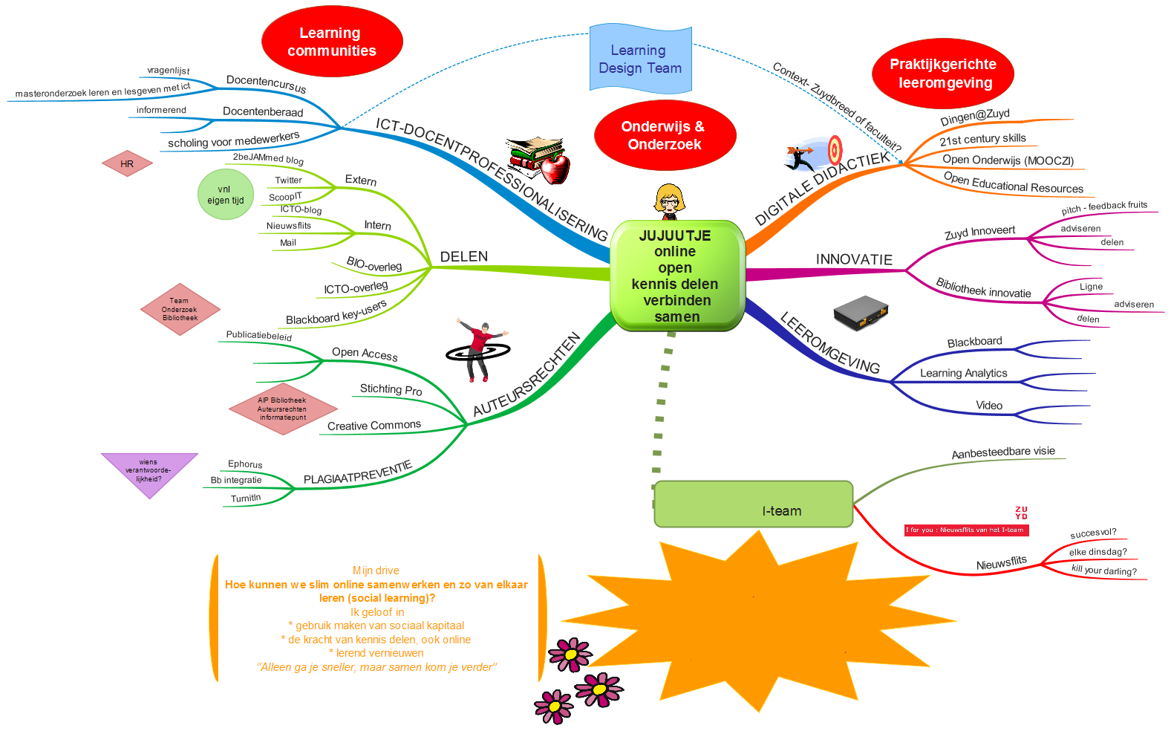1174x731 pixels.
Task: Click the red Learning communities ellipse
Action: coord(332,42)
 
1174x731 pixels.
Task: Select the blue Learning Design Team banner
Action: coord(640,59)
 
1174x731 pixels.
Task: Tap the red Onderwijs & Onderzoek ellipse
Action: coord(665,135)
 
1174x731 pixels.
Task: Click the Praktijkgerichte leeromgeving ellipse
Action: coord(943,74)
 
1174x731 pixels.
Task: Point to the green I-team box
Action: coord(753,504)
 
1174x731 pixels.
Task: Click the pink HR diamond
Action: coord(127,163)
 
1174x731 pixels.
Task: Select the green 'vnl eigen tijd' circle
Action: coord(226,195)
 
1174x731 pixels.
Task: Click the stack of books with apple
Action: coord(540,159)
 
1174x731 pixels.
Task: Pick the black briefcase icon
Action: coord(861,313)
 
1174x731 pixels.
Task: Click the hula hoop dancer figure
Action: coord(479,350)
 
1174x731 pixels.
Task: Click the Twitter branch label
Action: coord(288,180)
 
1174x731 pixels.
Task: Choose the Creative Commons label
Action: coord(374,425)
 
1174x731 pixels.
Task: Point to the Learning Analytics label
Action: coord(963,373)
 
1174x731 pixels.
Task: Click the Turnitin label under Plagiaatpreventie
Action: coord(246,498)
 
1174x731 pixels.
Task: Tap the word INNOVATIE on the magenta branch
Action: coord(854,259)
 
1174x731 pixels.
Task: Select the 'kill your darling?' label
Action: coord(1103,570)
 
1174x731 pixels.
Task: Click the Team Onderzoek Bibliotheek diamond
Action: coord(180,309)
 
